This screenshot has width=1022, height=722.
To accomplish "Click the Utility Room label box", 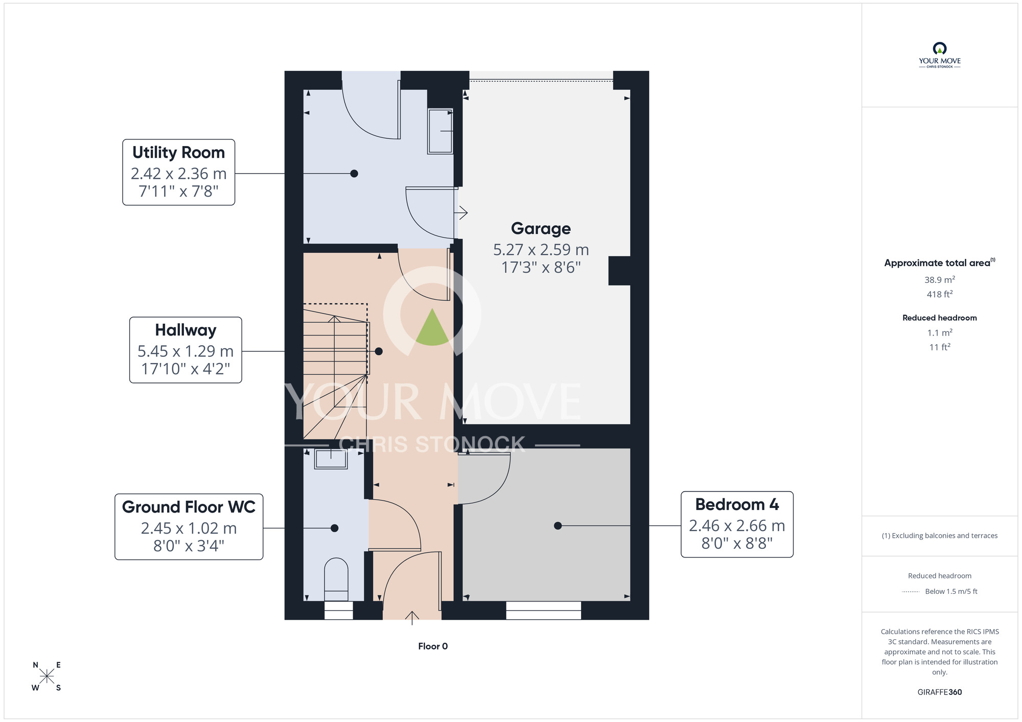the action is (178, 172).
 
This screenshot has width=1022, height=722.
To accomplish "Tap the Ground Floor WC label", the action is (189, 526).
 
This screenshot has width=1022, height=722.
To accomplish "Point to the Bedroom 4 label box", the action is (737, 524).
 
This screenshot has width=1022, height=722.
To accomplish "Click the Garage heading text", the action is (541, 228).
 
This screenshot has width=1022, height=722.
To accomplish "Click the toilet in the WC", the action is (336, 579).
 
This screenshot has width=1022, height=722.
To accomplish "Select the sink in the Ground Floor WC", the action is (331, 459).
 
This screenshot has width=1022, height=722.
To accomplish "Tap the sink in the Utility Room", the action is (440, 131).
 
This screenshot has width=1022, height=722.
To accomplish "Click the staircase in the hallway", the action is (335, 371).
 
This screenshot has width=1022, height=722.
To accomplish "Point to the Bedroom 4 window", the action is (543, 610).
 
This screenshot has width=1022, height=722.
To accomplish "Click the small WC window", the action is (338, 610).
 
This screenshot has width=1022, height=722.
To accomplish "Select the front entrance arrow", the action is (412, 618).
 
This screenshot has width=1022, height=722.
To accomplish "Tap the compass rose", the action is (47, 677).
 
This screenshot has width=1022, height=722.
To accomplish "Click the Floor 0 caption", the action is (433, 646).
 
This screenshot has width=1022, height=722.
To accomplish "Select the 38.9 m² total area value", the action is (940, 279).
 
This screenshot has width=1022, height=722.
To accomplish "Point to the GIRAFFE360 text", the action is (940, 692).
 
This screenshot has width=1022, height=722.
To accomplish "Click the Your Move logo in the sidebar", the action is (940, 55).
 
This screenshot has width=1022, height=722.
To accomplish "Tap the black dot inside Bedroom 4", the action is (558, 525).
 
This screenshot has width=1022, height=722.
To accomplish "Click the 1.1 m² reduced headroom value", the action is (940, 332).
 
